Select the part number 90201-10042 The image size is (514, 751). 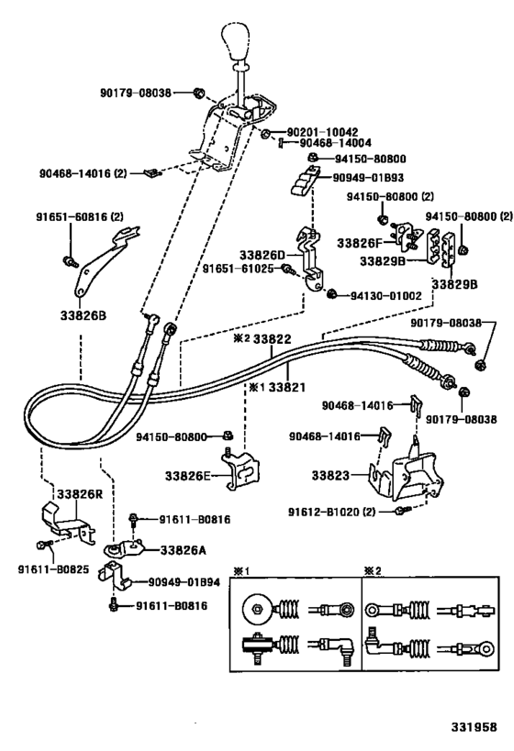pos(317,132)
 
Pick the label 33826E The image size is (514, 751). pos(188,475)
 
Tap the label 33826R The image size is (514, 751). pos(80,493)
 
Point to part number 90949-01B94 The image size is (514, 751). pos(184,581)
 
